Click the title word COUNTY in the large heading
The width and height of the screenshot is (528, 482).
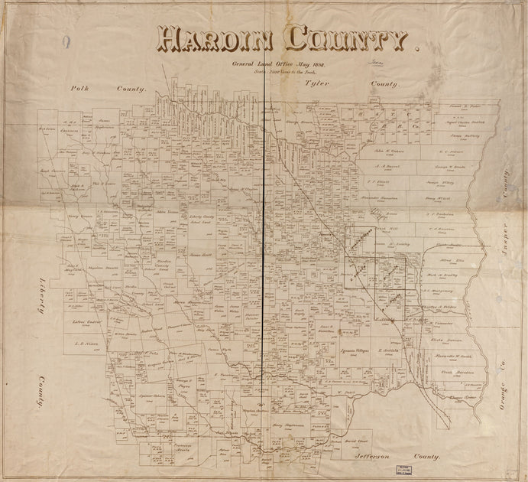pos(345,38)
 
